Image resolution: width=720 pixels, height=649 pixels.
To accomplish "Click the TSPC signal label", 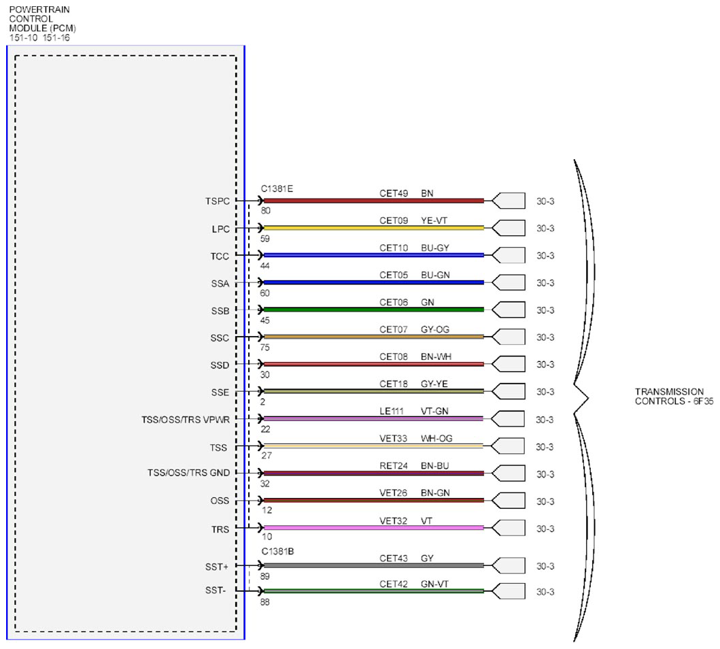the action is point(217,201).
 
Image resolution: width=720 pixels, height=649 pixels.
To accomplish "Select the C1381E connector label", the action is point(277,188).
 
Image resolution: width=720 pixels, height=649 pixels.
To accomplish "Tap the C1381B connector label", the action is point(277,551).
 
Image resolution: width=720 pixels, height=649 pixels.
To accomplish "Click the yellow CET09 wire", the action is point(373,228).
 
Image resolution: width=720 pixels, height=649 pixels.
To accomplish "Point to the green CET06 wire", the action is point(373,310).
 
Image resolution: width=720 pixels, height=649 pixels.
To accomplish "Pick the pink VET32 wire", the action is point(373,528).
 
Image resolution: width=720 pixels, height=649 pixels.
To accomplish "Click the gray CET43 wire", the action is point(373,565).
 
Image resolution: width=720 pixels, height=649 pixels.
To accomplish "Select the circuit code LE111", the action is point(391,411).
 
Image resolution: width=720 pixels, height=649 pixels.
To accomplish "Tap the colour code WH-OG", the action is point(436,438).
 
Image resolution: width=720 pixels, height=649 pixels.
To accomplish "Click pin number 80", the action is point(265,211).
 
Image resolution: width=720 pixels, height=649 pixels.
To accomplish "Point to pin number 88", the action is point(265,602).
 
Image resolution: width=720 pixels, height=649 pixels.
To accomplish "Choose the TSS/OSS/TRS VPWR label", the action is point(186,420).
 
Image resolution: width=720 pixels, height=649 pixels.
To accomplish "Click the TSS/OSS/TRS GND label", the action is point(189,473).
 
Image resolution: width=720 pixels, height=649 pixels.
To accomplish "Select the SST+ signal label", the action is point(217,567).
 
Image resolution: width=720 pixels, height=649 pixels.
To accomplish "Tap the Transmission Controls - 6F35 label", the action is point(674,397).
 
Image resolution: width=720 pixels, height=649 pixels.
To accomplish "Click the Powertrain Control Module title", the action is point(42,23).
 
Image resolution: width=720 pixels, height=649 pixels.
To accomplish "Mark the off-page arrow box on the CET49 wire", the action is point(509,201).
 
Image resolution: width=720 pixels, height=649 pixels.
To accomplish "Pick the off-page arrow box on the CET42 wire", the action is point(509,591).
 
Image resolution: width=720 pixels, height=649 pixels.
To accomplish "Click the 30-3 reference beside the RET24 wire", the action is point(545,474).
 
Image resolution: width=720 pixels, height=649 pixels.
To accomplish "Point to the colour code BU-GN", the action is point(435,275).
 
